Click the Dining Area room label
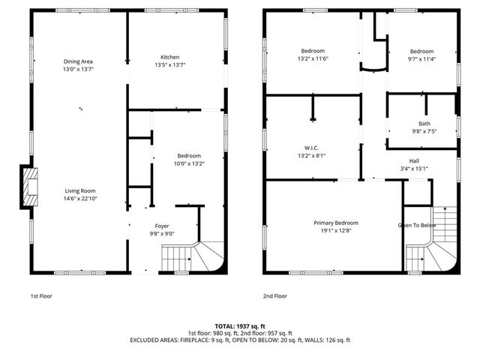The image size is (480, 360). [x=78, y=61]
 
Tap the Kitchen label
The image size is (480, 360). [x=170, y=58]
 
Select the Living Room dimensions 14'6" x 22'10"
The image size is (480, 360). [x=79, y=199]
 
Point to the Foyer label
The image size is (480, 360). [x=163, y=225]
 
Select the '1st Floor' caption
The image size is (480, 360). [x=41, y=296]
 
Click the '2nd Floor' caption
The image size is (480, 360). [x=275, y=296]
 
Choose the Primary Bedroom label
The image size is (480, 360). [x=335, y=223]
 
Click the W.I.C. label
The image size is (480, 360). [x=312, y=148]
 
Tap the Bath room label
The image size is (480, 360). [x=424, y=124]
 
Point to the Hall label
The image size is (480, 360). [x=414, y=160]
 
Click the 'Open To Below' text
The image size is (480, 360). [x=416, y=225]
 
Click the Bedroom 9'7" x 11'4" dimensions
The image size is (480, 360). [x=421, y=58]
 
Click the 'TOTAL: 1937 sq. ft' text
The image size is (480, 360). [x=239, y=326]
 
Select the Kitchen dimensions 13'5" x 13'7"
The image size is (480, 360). [x=170, y=65]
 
